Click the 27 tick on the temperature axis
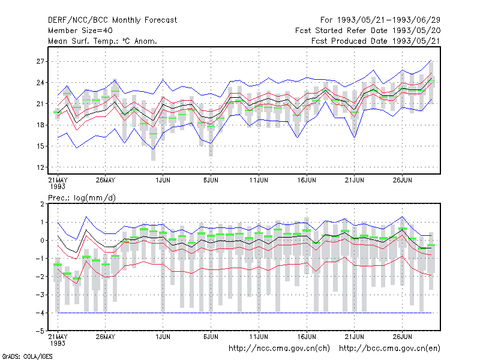(x=40, y=62)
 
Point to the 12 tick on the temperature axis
(x=40, y=167)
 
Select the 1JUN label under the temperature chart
(x=163, y=180)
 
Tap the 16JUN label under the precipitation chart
(x=307, y=337)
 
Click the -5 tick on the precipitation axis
(x=40, y=331)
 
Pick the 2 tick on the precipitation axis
(x=42, y=204)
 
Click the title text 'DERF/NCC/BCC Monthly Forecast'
(x=112, y=20)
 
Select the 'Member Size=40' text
(x=80, y=31)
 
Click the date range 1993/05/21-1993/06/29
(x=389, y=20)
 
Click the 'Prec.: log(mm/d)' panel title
(x=82, y=198)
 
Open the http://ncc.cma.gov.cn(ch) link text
(x=279, y=349)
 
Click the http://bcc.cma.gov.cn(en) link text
(x=389, y=349)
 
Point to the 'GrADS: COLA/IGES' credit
(x=28, y=356)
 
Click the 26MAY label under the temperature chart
(x=106, y=180)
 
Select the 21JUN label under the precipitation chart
(x=355, y=337)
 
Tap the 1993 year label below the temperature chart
(x=58, y=187)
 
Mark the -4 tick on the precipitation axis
(x=40, y=313)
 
